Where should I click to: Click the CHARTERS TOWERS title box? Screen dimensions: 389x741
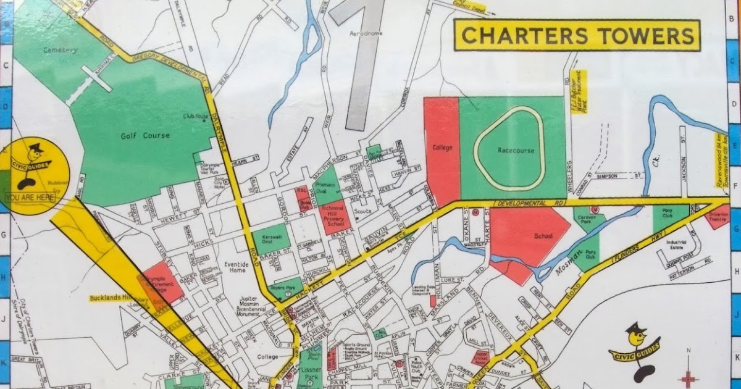[x=577, y=35]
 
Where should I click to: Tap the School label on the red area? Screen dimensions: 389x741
[x=527, y=236]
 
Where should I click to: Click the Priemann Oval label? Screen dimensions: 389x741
[x=325, y=185]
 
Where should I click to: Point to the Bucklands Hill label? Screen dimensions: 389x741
[x=107, y=298]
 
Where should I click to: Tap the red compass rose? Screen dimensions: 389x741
[x=688, y=377]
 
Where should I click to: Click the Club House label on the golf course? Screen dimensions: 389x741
[x=193, y=115]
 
